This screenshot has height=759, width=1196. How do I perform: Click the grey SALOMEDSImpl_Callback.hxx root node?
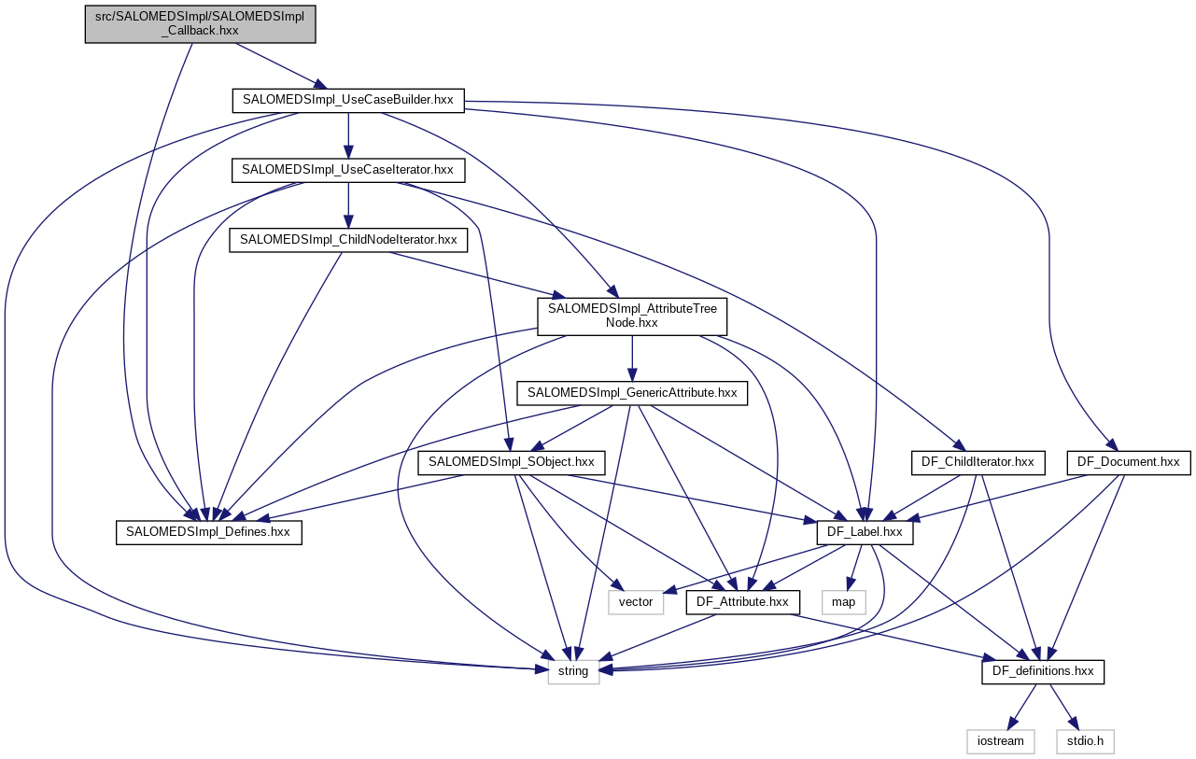[x=201, y=23]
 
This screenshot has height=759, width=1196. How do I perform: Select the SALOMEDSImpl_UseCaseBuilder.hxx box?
[x=347, y=100]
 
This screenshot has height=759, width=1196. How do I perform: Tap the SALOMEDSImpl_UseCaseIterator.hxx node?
[x=347, y=170]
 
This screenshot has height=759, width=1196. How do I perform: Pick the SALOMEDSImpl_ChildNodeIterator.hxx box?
[x=348, y=240]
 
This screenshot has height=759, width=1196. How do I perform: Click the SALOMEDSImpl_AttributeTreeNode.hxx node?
[x=632, y=316]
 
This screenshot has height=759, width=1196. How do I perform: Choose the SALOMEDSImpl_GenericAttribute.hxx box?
[x=632, y=393]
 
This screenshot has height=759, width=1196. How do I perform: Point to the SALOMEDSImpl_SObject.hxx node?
[x=512, y=462]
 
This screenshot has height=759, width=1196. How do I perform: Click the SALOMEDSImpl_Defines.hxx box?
[x=209, y=532]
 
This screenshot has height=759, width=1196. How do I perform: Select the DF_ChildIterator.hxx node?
[x=977, y=462]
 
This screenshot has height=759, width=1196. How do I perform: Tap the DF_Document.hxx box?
[x=1128, y=462]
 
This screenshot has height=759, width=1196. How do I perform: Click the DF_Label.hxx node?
[x=865, y=532]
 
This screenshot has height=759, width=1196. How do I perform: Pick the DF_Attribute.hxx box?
[x=743, y=602]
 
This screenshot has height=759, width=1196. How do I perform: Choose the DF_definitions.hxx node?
[x=1043, y=671]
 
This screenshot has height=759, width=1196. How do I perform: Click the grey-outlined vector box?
[x=636, y=602]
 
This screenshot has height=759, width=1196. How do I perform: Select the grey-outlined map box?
[x=843, y=602]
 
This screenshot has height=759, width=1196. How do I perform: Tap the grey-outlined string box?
[x=573, y=671]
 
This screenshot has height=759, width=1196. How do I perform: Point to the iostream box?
[x=1001, y=741]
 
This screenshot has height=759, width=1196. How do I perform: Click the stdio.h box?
[x=1085, y=741]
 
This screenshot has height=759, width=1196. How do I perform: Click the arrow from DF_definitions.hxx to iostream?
[x=1022, y=706]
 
